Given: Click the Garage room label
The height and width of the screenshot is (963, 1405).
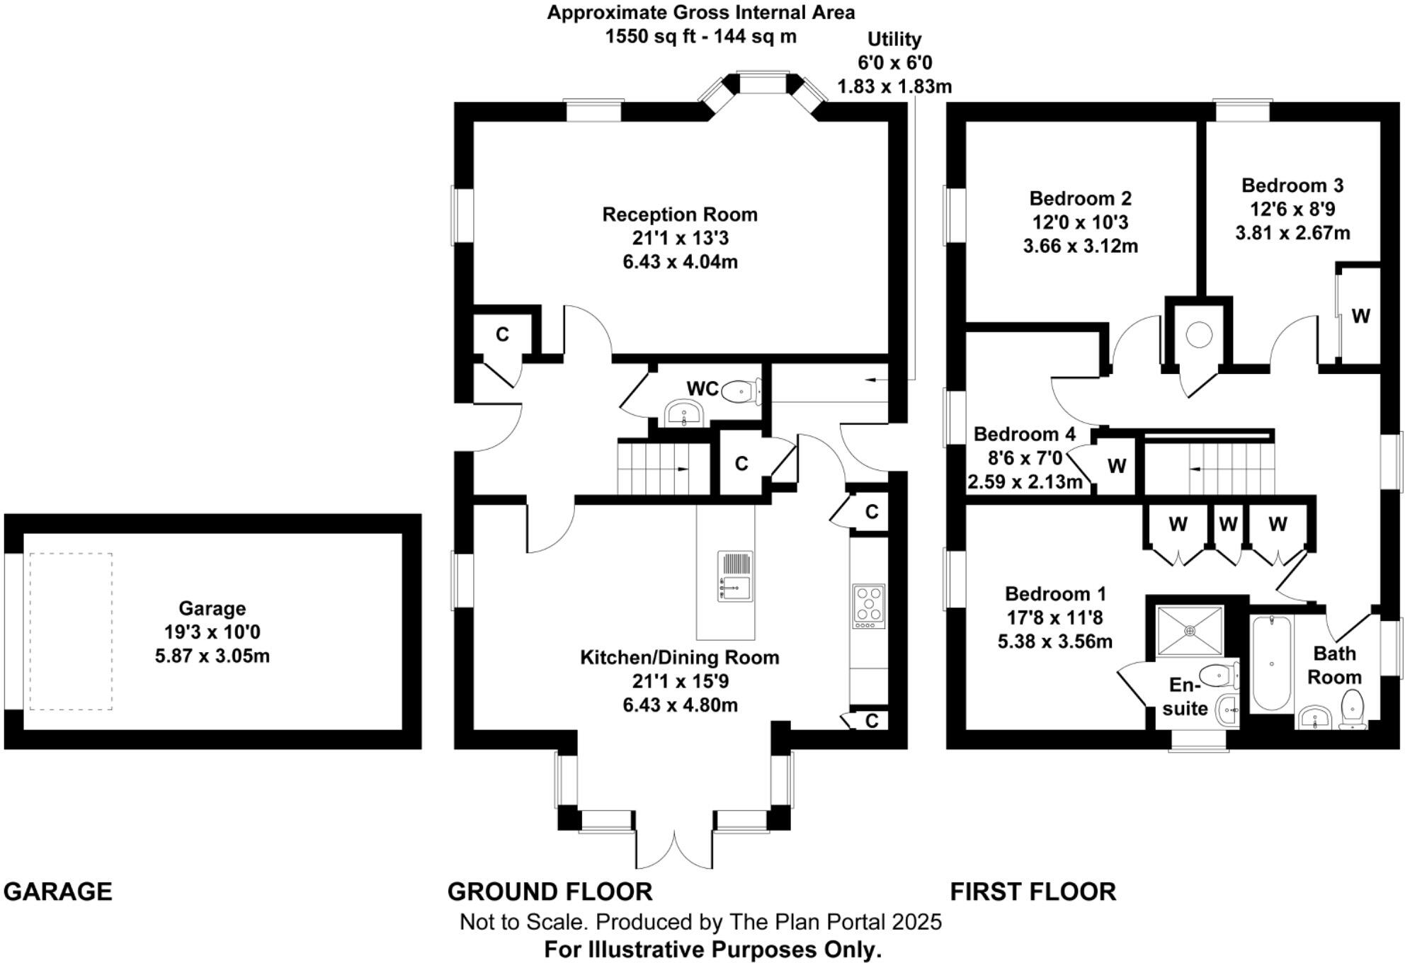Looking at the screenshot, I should coord(212,608).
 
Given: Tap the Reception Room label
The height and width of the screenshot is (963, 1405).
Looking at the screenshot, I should coord(679,215).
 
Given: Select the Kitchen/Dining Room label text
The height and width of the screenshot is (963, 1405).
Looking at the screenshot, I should coord(679,657).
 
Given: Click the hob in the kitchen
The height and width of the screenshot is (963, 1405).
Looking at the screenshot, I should coord(869,605).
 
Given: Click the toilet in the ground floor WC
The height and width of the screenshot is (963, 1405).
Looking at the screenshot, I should coord(740,390).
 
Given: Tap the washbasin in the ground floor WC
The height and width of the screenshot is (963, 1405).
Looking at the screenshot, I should coord(683,411).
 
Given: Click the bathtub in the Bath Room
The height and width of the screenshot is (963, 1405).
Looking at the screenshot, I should coord(1272,663).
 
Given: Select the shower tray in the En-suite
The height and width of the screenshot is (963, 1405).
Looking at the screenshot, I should coord(1190,630).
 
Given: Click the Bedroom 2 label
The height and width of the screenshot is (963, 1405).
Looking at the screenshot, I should coord(1080,198).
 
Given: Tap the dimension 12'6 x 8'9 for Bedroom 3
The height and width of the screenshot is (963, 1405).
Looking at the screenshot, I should coord(1292,209).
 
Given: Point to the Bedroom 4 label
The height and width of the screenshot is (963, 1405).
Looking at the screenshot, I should coord(1024,434).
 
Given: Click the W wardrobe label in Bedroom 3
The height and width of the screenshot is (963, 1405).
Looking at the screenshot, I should coord(1360,316).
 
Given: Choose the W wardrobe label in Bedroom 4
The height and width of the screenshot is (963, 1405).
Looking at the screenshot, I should coord(1117,466).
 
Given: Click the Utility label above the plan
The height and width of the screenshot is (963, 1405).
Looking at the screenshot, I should coord(894,39).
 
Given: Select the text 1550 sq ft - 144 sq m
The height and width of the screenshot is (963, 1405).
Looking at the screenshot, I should coord(700,36).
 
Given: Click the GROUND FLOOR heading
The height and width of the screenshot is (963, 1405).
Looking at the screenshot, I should coord(550,891).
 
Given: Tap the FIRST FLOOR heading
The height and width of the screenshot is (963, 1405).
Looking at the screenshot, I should coord(1033,891).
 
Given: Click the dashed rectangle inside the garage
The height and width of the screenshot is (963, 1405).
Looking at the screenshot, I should coord(71,631).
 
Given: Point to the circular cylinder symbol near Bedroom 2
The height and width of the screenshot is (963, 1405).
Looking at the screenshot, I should coord(1199,334).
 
